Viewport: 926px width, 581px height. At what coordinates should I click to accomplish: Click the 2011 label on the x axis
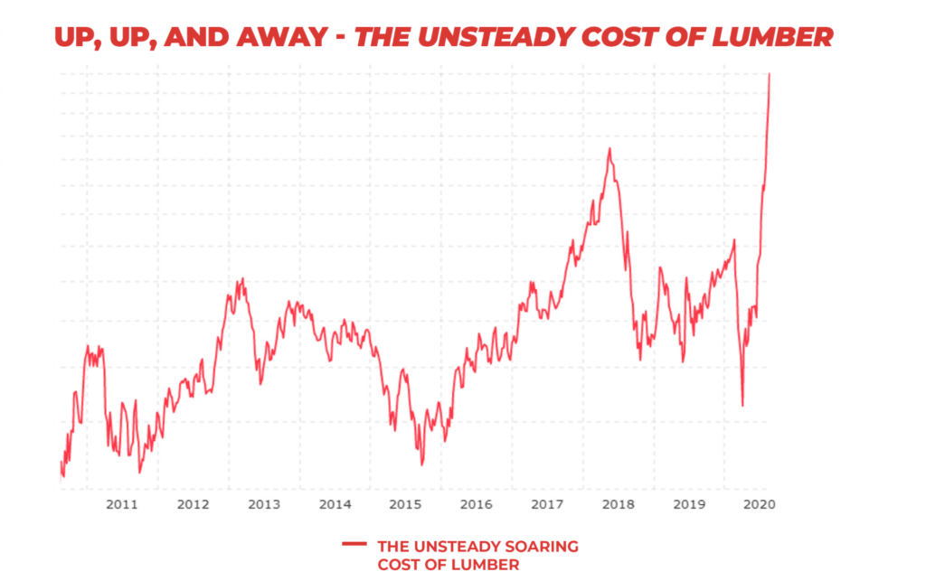pyautogui.click(x=121, y=503)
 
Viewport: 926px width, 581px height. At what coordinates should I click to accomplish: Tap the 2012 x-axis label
pyautogui.click(x=193, y=503)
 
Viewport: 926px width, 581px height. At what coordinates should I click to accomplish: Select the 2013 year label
pyautogui.click(x=263, y=503)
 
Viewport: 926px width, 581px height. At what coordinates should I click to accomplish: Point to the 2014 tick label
pyautogui.click(x=335, y=503)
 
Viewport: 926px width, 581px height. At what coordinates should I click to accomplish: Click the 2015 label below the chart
pyautogui.click(x=404, y=503)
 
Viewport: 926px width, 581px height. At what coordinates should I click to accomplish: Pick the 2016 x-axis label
pyautogui.click(x=476, y=503)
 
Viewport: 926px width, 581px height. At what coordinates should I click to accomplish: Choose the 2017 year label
pyautogui.click(x=546, y=503)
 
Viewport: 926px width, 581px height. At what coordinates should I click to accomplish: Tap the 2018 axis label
pyautogui.click(x=618, y=503)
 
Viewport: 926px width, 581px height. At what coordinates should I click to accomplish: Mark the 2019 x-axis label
pyautogui.click(x=688, y=503)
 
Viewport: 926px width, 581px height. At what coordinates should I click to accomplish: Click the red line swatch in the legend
pyautogui.click(x=354, y=545)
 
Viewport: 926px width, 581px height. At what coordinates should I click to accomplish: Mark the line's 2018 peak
pyautogui.click(x=609, y=148)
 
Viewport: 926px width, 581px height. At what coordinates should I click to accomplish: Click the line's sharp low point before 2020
pyautogui.click(x=742, y=406)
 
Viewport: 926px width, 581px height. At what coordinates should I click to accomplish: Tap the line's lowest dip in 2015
pyautogui.click(x=421, y=464)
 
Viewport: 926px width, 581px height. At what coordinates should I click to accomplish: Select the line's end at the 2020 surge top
pyautogui.click(x=769, y=74)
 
